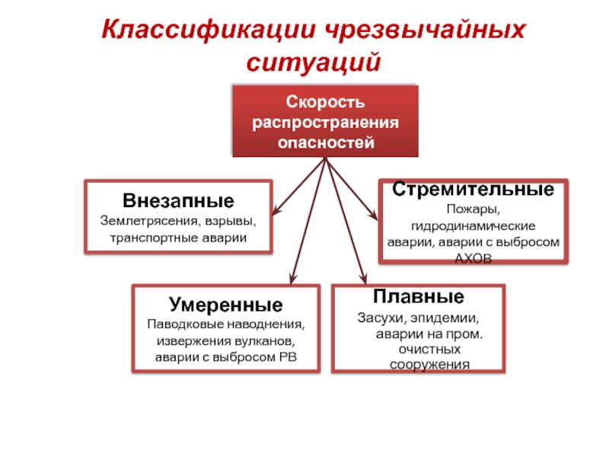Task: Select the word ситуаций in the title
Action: click(314, 60)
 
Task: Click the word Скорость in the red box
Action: click(325, 102)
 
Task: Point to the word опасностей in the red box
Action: click(325, 142)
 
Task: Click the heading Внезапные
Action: click(178, 202)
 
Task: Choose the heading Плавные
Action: click(418, 297)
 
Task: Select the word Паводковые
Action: click(181, 324)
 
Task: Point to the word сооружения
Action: click(425, 365)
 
